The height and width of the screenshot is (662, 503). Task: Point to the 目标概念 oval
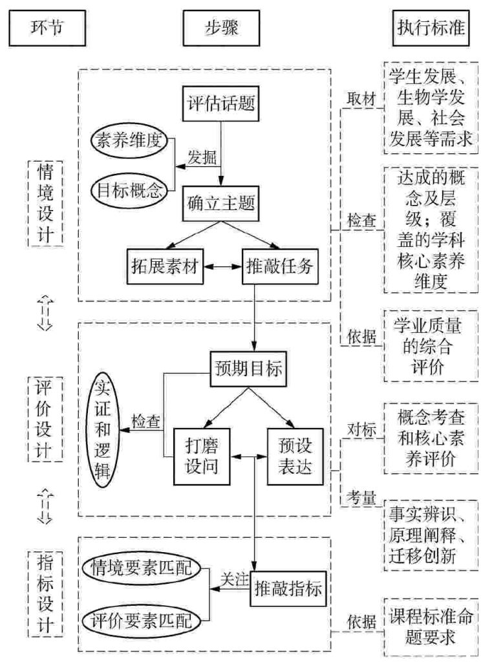(129, 190)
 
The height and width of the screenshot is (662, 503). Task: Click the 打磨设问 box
(202, 454)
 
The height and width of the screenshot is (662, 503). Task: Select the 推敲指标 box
(286, 588)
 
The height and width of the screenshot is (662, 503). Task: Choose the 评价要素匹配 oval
(142, 621)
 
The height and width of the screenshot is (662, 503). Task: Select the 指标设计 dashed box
(45, 591)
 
